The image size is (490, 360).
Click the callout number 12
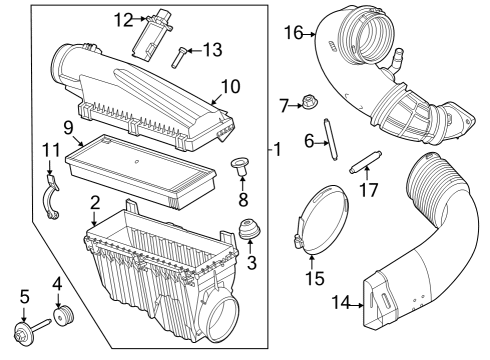122,19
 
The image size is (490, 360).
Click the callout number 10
230,87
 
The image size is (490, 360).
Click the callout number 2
94,202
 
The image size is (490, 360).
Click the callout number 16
292,33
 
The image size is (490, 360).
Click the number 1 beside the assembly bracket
279,150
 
